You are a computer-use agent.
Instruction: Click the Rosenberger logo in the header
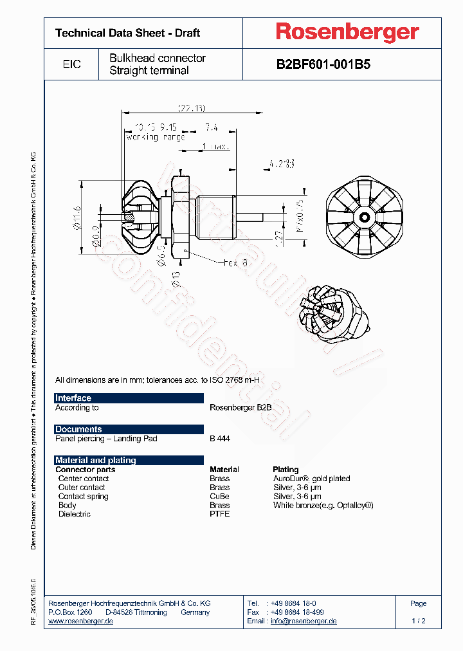[347, 32]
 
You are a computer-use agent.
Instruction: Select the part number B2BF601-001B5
[323, 64]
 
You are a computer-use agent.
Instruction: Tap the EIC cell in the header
[72, 64]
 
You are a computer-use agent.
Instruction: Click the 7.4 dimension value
[211, 127]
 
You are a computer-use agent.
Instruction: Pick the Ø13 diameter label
[176, 278]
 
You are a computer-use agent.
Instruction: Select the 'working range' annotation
[156, 137]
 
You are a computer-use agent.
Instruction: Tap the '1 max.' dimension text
[215, 147]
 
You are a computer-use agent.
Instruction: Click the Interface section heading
[73, 398]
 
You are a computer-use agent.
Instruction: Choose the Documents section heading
[78, 429]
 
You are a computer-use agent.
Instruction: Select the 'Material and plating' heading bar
[96, 460]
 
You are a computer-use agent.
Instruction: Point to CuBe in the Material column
[219, 497]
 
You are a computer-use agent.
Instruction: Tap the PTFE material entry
[219, 514]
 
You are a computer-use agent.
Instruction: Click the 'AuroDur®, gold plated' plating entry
[311, 479]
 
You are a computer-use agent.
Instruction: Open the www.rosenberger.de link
[81, 621]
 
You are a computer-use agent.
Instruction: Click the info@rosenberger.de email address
[304, 621]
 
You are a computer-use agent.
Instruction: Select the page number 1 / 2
[419, 621]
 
